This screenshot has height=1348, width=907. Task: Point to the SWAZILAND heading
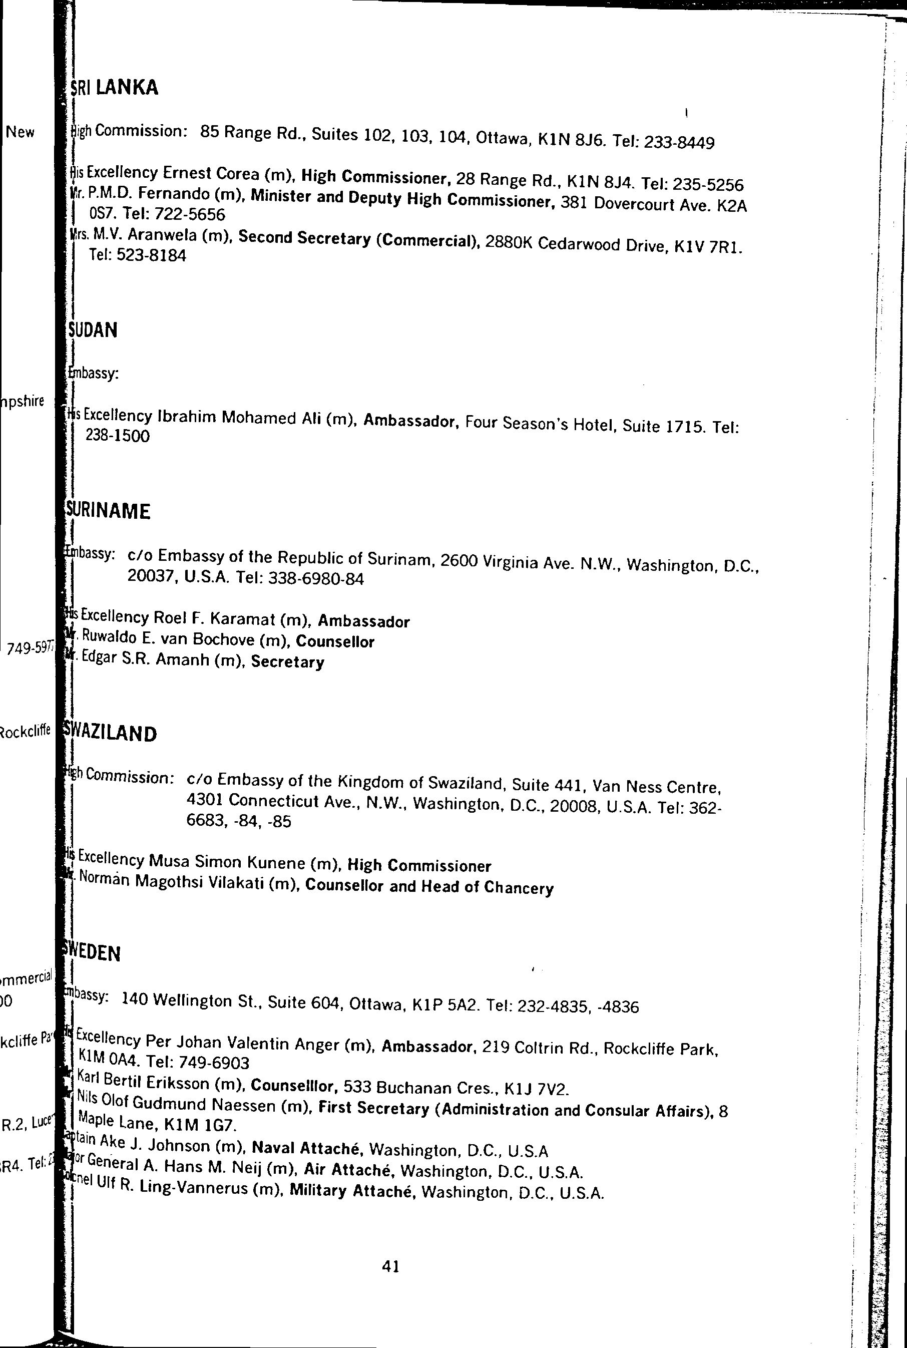click(111, 733)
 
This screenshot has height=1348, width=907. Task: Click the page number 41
click(390, 1267)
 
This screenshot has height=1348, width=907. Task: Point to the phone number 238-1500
click(118, 436)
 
